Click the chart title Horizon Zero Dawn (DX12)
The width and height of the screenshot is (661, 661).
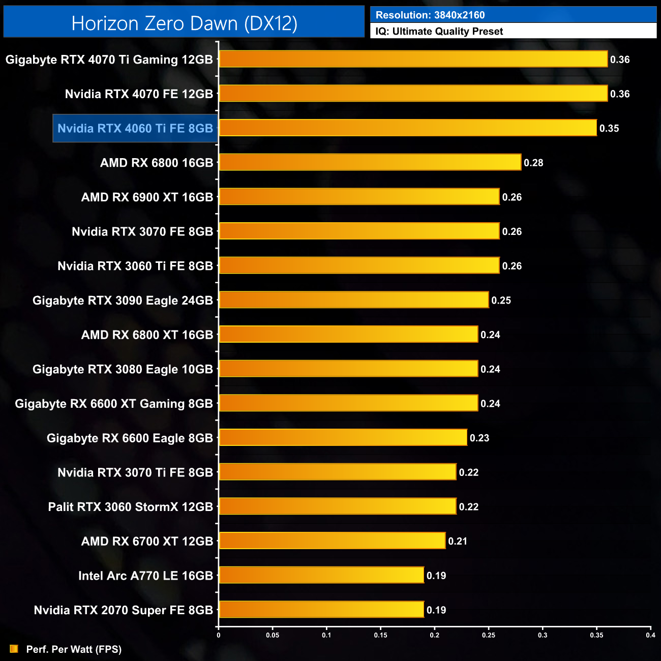(184, 23)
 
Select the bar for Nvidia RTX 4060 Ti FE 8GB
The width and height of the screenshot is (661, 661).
(408, 128)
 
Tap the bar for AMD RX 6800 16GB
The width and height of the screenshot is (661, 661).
(370, 163)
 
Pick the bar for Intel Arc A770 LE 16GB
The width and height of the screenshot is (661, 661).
(321, 576)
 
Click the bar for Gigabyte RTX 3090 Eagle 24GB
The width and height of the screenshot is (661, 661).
(354, 301)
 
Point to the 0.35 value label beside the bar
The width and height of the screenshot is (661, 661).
(609, 129)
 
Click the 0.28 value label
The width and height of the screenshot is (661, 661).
(533, 163)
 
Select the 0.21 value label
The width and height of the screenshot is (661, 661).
(458, 542)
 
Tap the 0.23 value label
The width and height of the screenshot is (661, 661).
(479, 438)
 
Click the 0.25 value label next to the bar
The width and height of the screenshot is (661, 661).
(501, 301)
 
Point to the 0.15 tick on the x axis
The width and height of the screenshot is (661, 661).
(380, 635)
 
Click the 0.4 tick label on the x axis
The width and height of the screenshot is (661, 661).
(650, 635)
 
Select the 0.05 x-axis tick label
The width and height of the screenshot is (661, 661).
(273, 635)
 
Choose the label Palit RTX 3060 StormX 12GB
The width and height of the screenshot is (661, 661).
(131, 507)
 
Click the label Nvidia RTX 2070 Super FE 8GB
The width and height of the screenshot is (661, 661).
(124, 610)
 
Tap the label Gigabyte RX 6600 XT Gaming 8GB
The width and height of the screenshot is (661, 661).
(114, 404)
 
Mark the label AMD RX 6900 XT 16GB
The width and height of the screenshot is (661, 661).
(147, 197)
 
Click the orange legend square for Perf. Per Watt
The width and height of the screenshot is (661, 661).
(14, 649)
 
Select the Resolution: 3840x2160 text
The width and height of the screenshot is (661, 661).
(430, 15)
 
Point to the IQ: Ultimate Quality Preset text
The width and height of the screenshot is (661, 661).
(439, 32)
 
